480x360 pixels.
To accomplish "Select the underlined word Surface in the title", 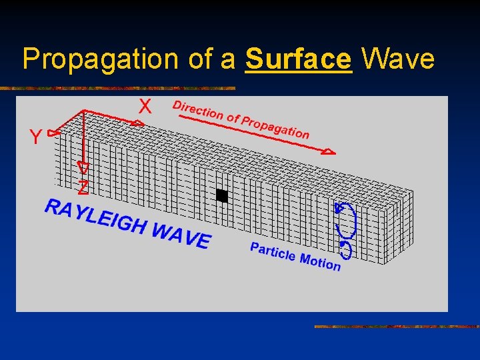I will tap(298, 59).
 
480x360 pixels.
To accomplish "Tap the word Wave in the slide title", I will tap(397, 59).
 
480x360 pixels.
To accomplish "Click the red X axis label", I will tap(145, 107).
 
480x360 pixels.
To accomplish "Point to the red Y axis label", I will tap(35, 137).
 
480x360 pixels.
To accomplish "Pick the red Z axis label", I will tap(83, 188).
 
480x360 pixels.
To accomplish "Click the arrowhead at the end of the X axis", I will tap(137, 123).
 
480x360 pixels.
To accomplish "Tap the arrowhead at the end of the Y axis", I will tap(53, 133).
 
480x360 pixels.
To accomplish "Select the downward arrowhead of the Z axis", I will tap(83, 167).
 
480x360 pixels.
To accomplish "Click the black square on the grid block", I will tap(222, 196).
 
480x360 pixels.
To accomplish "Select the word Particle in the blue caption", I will tap(273, 252).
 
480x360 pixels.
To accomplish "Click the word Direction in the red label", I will tap(197, 110).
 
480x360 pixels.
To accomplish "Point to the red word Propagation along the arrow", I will tap(275, 127).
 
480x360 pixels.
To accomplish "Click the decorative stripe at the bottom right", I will tap(396, 327).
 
